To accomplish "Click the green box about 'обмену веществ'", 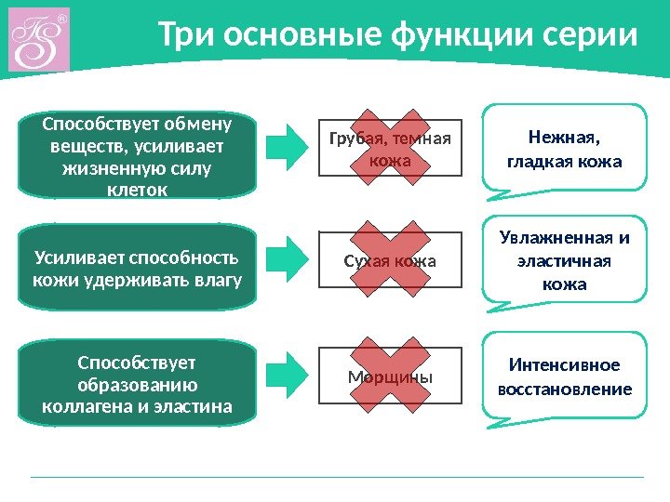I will pyautogui.click(x=138, y=155).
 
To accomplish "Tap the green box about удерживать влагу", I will pyautogui.click(x=138, y=268).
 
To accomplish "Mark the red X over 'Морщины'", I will pyautogui.click(x=390, y=376).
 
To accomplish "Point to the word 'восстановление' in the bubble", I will pyautogui.click(x=564, y=389).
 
